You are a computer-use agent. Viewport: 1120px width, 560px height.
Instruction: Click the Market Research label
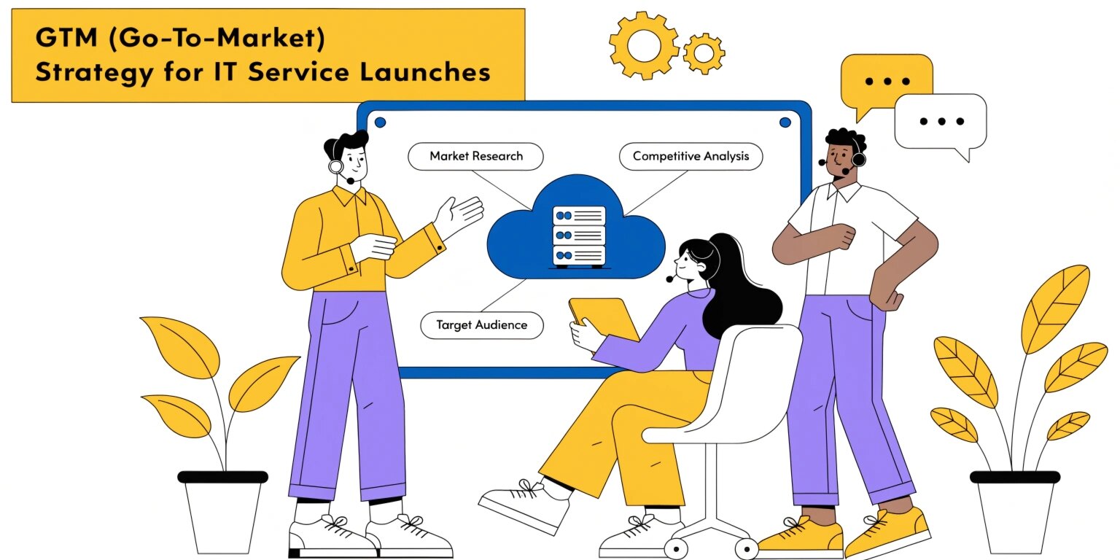[x=475, y=157]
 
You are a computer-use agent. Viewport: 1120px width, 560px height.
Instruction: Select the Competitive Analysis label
[x=691, y=157]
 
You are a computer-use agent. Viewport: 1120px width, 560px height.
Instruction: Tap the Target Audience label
[x=481, y=325]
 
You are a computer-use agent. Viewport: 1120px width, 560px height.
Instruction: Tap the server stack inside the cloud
[x=579, y=236]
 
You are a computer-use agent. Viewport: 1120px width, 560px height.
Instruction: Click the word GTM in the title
[x=66, y=37]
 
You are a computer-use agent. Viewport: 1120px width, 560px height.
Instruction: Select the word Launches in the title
[x=425, y=71]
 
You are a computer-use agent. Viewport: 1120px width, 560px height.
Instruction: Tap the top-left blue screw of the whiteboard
[x=380, y=122]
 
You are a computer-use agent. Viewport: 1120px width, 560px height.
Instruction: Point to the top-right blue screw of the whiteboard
[x=785, y=122]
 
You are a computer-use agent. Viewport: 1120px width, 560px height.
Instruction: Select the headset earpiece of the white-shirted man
[x=858, y=160]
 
